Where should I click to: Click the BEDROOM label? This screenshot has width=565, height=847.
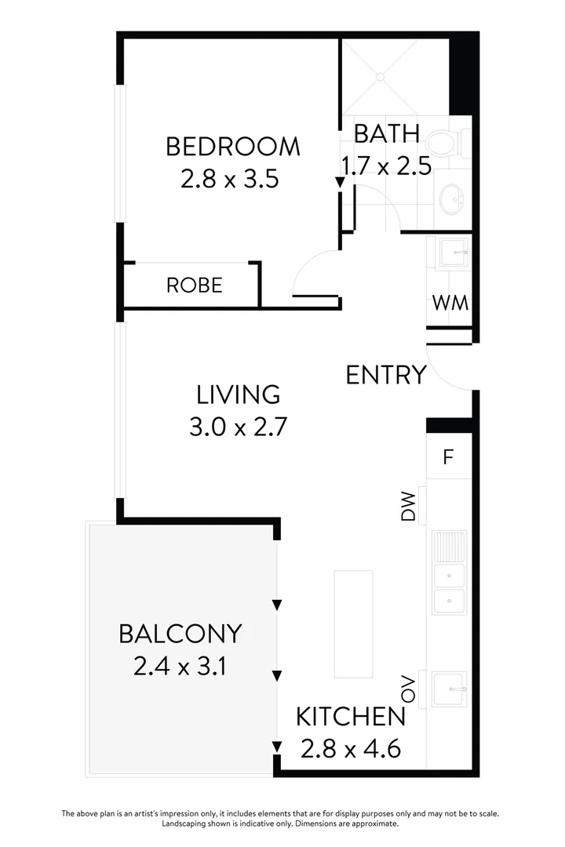pyautogui.click(x=232, y=147)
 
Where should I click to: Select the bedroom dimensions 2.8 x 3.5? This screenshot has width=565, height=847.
pyautogui.click(x=230, y=180)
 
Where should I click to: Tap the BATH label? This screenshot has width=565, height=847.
pyautogui.click(x=386, y=133)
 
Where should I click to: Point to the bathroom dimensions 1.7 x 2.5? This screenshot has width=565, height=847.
pyautogui.click(x=386, y=166)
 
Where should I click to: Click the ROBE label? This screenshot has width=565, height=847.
pyautogui.click(x=194, y=285)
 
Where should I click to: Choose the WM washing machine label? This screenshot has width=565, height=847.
pyautogui.click(x=450, y=303)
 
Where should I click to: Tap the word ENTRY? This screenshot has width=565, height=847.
pyautogui.click(x=386, y=375)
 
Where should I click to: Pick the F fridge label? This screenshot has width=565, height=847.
pyautogui.click(x=448, y=457)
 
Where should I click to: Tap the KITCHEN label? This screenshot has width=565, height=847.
pyautogui.click(x=351, y=716)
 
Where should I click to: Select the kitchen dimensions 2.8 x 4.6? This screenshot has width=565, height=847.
pyautogui.click(x=351, y=749)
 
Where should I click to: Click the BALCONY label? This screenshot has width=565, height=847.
pyautogui.click(x=180, y=633)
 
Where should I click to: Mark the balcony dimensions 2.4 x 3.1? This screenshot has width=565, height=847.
pyautogui.click(x=180, y=667)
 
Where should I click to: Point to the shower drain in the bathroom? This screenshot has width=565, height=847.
pyautogui.click(x=380, y=78)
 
